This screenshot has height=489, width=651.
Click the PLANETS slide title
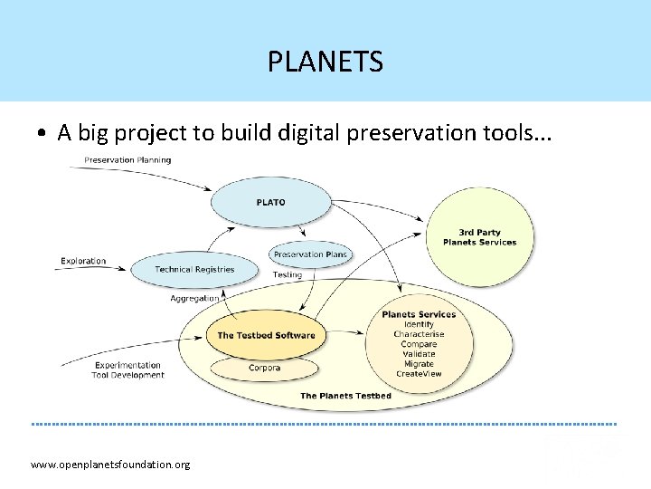coord(325,62)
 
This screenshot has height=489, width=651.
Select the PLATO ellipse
coord(270,202)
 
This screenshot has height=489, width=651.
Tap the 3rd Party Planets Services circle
coord(480,237)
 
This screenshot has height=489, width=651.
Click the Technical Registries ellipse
coord(193,269)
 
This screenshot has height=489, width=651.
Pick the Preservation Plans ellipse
coord(309,254)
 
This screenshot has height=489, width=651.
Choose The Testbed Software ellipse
coord(266,335)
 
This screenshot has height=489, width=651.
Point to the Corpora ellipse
coord(264,368)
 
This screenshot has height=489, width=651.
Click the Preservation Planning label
coord(127,160)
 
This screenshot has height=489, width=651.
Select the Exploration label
coord(83,261)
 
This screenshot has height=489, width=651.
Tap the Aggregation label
coord(194,298)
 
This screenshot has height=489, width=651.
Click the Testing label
coord(288,274)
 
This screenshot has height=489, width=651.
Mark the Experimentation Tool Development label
coord(127,370)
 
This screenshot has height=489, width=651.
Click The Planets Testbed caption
coord(345,396)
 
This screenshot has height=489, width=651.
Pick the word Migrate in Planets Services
coord(419,364)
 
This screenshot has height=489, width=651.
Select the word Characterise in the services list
coord(419,334)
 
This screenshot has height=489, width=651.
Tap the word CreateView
coord(419,374)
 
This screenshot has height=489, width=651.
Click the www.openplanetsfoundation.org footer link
coord(110,465)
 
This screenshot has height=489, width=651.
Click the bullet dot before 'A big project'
coord(42,134)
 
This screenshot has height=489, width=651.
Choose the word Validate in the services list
coord(419,354)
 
